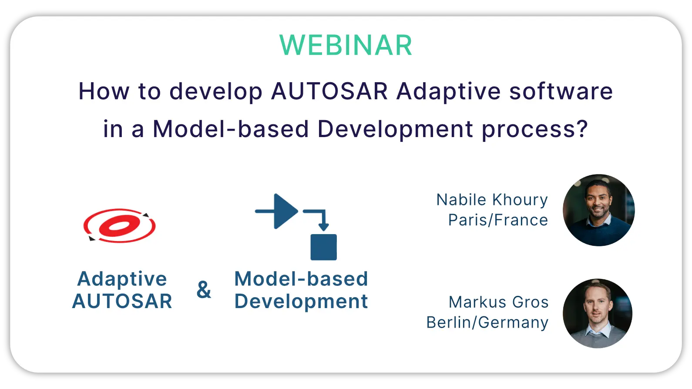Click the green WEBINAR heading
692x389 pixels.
[x=346, y=45]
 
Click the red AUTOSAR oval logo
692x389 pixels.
[x=120, y=225]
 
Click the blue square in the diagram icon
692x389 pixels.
[x=323, y=247]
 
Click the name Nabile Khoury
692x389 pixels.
[x=492, y=200]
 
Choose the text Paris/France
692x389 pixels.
[x=498, y=220]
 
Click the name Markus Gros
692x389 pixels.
[x=499, y=302]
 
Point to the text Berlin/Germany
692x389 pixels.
[x=487, y=322]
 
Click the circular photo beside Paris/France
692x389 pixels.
[x=599, y=210]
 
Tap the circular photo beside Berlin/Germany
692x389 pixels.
[x=598, y=313]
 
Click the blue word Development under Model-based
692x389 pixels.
[x=301, y=302]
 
